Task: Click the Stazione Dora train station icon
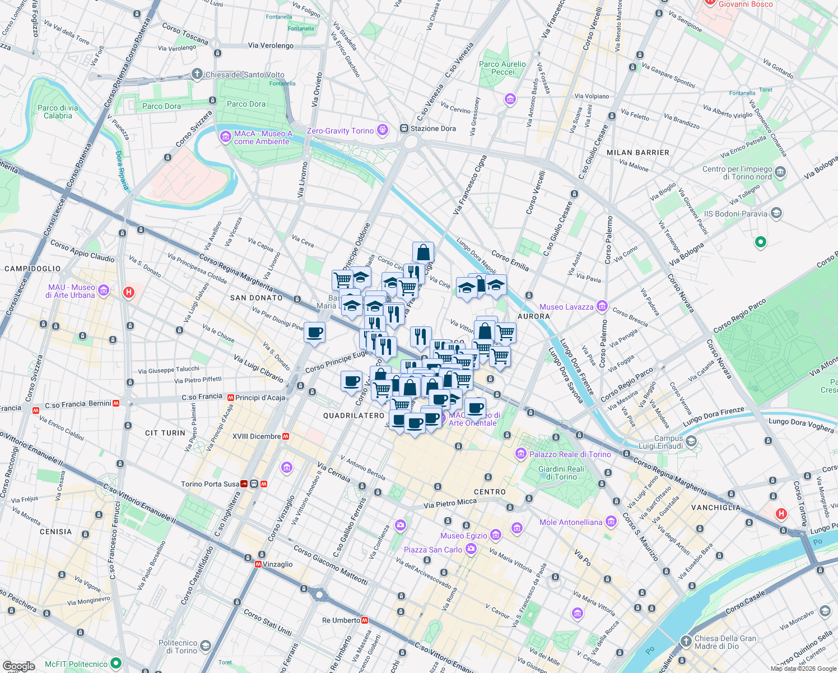[404, 128]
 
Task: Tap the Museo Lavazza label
[566, 307]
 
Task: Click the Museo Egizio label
[464, 536]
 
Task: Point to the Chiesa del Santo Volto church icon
[197, 74]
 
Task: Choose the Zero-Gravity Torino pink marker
[383, 130]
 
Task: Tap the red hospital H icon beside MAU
[129, 292]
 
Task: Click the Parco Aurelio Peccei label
[502, 68]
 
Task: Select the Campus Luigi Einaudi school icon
[691, 441]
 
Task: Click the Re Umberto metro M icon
[365, 620]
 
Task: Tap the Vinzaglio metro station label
[278, 564]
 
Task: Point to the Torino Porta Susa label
[210, 484]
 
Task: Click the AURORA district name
[533, 316]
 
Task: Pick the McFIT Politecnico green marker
[116, 663]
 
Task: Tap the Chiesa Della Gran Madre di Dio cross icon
[686, 640]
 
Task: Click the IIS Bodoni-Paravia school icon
[776, 213]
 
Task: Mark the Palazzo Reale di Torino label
[570, 454]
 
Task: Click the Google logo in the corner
[18, 666]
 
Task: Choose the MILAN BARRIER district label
[638, 153]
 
